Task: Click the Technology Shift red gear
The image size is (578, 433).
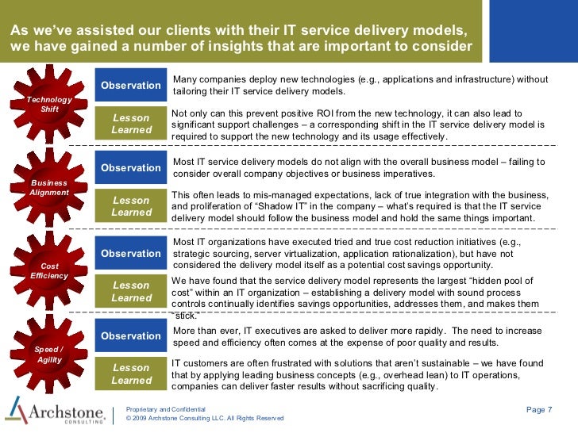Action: pyautogui.click(x=49, y=105)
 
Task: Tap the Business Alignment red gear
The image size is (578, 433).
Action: pyautogui.click(x=49, y=188)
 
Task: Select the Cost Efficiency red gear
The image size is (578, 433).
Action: pyautogui.click(x=49, y=270)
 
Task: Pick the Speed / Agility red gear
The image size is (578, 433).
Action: pyautogui.click(x=49, y=354)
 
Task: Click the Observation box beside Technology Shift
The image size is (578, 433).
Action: pyautogui.click(x=131, y=86)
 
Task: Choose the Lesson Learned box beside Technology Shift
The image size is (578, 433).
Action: pyautogui.click(x=131, y=124)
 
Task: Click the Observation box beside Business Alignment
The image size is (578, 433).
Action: pyautogui.click(x=131, y=168)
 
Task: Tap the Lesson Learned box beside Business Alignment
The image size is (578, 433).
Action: pyautogui.click(x=131, y=206)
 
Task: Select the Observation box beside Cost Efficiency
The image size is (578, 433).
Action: pyautogui.click(x=131, y=254)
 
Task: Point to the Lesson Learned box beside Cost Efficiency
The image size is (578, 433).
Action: pyautogui.click(x=131, y=291)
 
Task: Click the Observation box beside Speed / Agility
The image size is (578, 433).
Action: pyautogui.click(x=131, y=336)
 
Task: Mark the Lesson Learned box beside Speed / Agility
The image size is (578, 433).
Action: pyautogui.click(x=131, y=374)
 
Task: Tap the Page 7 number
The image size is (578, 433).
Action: pyautogui.click(x=539, y=409)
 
